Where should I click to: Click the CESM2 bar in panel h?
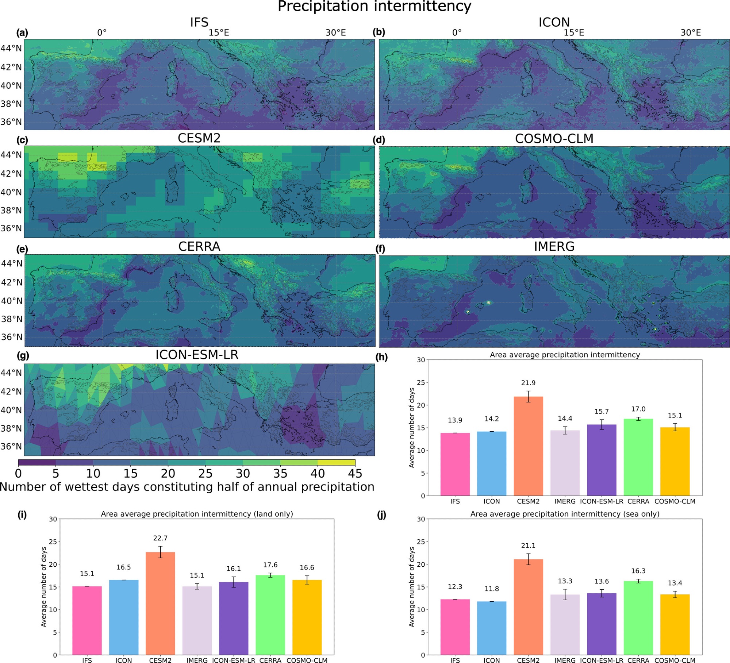[x=528, y=446]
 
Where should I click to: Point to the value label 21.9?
[x=528, y=383]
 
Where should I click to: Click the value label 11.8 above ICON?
[x=492, y=589]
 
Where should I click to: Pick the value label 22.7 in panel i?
[x=160, y=538]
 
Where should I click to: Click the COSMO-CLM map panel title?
[x=554, y=139]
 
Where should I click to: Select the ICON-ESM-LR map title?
[x=197, y=355]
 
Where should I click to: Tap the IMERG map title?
[x=554, y=247]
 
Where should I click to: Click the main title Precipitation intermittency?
[x=374, y=7]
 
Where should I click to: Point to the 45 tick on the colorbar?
[x=355, y=474]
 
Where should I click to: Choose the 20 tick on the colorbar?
[x=168, y=474]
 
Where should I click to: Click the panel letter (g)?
[x=23, y=356]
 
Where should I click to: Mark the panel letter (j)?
[x=381, y=515]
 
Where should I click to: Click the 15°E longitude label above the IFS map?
[x=219, y=32]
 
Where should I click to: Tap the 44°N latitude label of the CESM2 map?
[x=11, y=155]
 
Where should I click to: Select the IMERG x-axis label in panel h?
[x=565, y=501]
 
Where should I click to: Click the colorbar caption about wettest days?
[x=187, y=487]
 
